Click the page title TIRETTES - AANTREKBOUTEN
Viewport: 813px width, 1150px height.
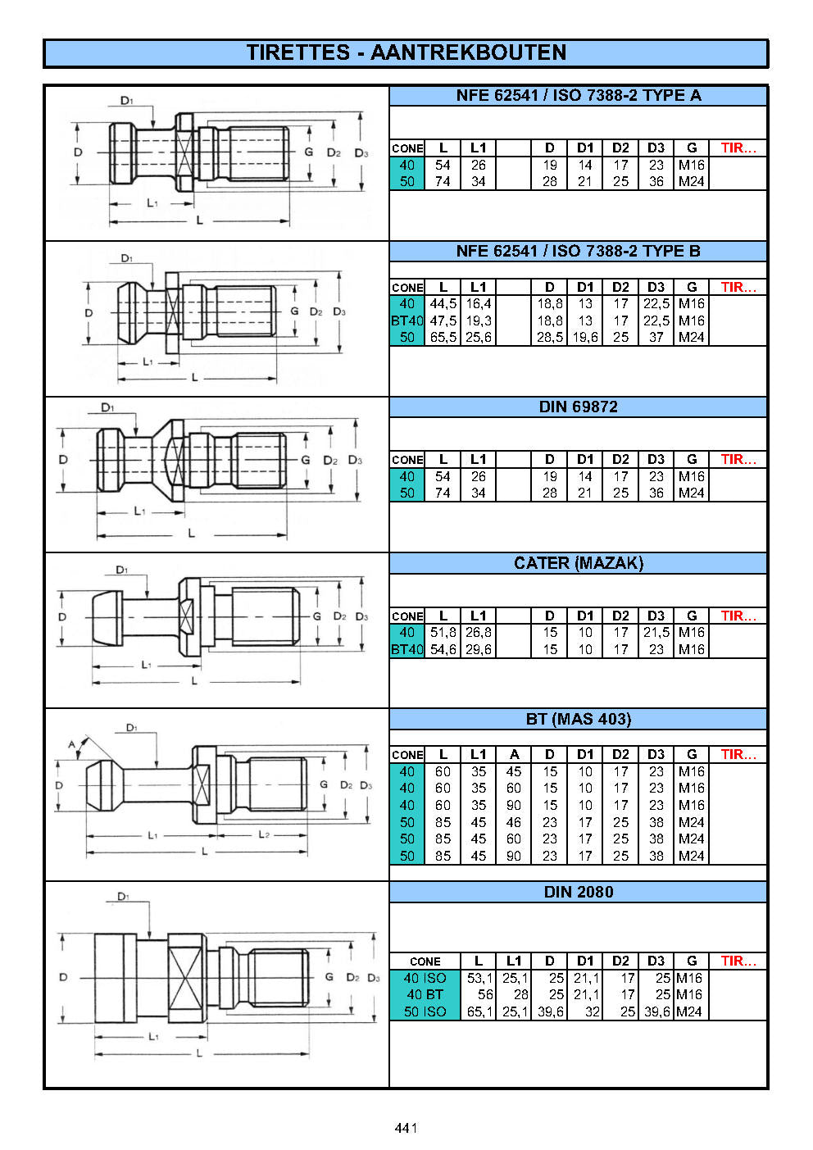pyautogui.click(x=406, y=53)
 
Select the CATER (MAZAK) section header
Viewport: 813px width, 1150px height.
pyautogui.click(x=578, y=563)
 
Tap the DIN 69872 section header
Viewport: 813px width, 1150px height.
pyautogui.click(x=578, y=407)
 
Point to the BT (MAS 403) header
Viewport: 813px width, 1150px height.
pyautogui.click(x=578, y=719)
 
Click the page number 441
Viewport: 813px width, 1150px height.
pyautogui.click(x=406, y=1128)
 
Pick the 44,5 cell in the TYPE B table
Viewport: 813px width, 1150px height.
pyautogui.click(x=443, y=304)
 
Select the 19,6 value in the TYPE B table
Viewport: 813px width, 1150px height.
pyautogui.click(x=585, y=338)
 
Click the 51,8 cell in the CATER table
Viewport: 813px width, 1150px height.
pyautogui.click(x=443, y=633)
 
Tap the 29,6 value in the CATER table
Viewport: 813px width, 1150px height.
pyautogui.click(x=478, y=650)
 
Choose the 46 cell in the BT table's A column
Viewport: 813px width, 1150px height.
pyautogui.click(x=514, y=822)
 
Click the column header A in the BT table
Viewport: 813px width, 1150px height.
pyautogui.click(x=514, y=755)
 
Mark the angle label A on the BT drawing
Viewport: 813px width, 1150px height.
pyautogui.click(x=72, y=745)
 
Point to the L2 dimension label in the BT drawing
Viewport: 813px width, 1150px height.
pyautogui.click(x=264, y=834)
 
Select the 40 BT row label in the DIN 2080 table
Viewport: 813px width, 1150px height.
pyautogui.click(x=425, y=995)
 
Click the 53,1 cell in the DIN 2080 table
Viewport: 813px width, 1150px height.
pyautogui.click(x=479, y=979)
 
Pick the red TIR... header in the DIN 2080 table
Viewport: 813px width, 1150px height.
pyautogui.click(x=738, y=961)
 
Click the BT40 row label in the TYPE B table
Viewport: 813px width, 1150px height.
pyautogui.click(x=406, y=321)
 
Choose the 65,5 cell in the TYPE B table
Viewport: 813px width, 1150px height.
pyautogui.click(x=443, y=338)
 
